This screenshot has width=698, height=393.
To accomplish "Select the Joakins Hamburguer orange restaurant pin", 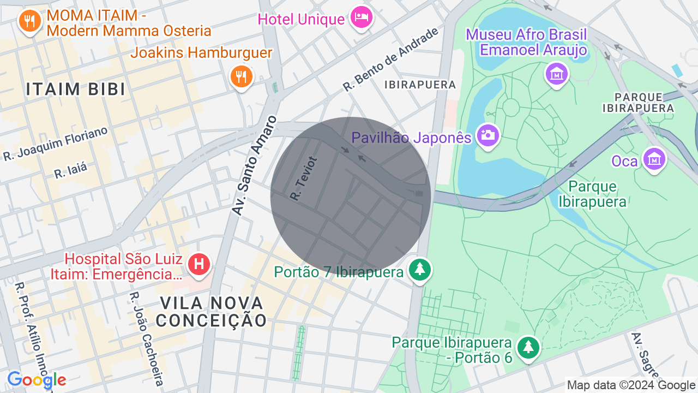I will click(x=240, y=76).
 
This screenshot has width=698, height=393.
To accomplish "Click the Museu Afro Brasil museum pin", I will click(x=557, y=73).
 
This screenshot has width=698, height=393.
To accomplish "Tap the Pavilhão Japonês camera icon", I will click(x=487, y=135).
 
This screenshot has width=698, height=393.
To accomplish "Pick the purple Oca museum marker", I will click(x=654, y=159).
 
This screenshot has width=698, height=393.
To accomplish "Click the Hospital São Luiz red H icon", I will click(x=199, y=265).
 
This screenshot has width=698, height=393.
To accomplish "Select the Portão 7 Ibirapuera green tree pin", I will click(x=419, y=269).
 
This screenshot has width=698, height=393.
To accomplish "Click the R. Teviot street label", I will click(x=303, y=178).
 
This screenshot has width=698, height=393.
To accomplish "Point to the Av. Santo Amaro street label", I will click(x=255, y=165).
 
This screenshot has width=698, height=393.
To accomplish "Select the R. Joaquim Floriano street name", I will click(x=56, y=144).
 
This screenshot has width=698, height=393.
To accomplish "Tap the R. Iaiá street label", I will click(x=70, y=170).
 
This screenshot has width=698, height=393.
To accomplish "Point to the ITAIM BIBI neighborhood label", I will click(x=76, y=90).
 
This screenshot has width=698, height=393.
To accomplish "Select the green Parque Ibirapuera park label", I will click(x=592, y=194).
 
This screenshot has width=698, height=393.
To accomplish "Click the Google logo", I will click(x=37, y=380).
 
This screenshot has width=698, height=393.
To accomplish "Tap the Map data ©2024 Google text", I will click(x=631, y=385).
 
